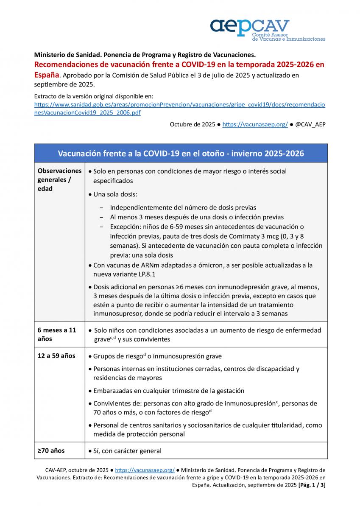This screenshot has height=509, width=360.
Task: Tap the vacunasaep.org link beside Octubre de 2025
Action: point(255,124)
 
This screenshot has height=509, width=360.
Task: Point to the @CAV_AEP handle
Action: point(310,124)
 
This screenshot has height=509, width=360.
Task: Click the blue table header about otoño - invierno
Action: point(181,153)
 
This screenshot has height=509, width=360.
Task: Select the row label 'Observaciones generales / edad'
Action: point(59,180)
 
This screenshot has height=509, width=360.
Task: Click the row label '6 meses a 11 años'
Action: point(57,334)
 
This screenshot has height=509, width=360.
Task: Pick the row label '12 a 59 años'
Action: point(56,355)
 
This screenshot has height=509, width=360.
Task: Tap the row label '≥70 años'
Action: point(51,450)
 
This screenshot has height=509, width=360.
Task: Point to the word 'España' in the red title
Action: point(46,75)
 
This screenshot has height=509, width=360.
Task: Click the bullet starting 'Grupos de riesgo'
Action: point(157,356)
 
